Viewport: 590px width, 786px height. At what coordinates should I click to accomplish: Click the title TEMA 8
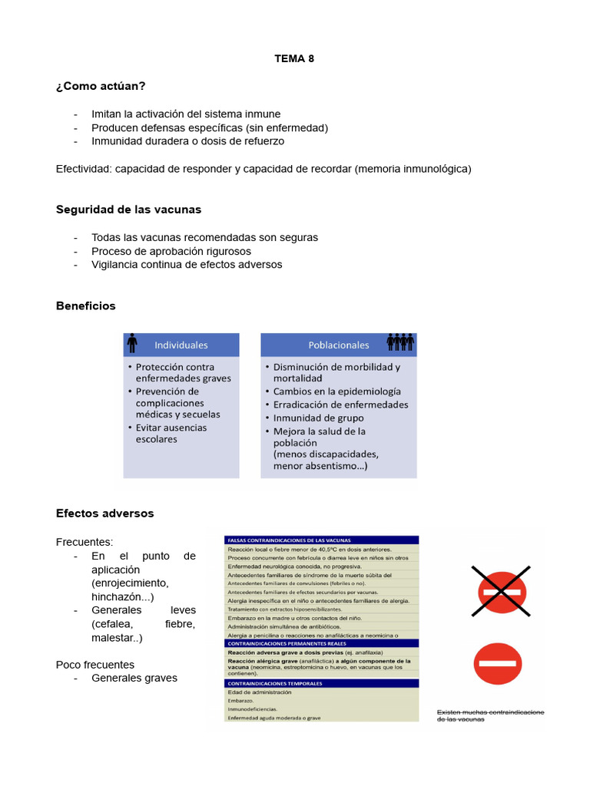(x=294, y=58)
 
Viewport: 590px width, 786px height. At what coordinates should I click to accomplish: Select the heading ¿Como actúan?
(x=101, y=85)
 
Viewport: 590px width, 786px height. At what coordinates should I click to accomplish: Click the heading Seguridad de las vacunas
(x=128, y=209)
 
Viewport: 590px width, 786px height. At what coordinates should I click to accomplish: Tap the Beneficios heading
(x=86, y=305)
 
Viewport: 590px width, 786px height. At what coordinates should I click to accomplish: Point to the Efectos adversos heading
(x=104, y=513)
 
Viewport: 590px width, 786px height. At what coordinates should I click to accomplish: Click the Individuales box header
(x=181, y=345)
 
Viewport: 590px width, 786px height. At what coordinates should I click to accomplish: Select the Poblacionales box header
(x=338, y=345)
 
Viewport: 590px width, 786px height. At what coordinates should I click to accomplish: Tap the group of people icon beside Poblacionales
(x=400, y=342)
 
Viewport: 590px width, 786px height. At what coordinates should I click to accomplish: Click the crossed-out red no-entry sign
(x=500, y=591)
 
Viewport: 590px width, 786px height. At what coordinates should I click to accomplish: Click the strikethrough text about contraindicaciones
(x=490, y=715)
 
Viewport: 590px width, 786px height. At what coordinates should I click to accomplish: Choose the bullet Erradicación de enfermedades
(x=340, y=405)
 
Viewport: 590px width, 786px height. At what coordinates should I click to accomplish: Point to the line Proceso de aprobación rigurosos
(x=171, y=251)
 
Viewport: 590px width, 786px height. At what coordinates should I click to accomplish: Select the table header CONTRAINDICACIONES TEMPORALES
(x=274, y=682)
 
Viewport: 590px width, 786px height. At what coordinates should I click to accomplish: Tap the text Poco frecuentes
(x=95, y=664)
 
